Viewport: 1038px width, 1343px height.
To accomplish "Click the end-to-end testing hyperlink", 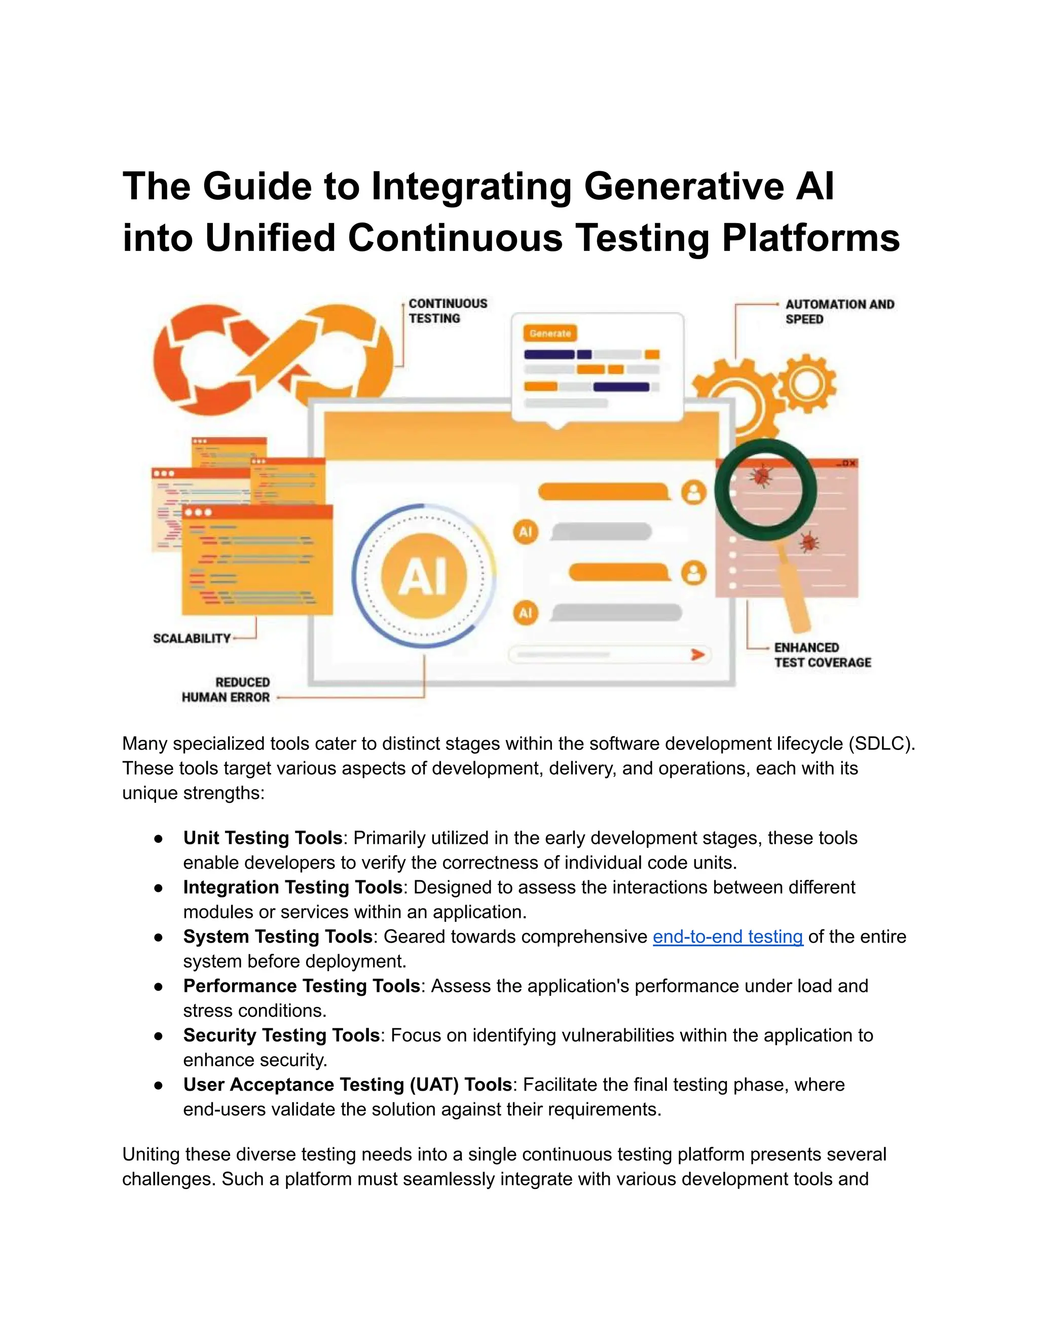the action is coord(727,937).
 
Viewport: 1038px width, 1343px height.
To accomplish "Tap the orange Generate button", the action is coord(550,333).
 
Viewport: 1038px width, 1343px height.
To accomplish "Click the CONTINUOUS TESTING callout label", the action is coord(448,311).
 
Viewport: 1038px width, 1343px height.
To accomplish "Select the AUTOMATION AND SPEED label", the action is coord(839,312).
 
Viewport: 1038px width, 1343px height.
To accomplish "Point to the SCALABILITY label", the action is coord(191,638).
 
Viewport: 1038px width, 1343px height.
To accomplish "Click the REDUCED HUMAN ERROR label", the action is coord(226,690).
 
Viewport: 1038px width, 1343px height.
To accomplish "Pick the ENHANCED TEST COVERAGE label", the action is coord(822,655).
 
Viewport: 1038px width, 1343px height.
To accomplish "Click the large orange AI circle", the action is coord(424,576).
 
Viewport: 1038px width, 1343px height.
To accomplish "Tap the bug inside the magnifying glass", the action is coord(761,475).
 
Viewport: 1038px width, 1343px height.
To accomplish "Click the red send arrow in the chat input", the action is coord(697,654).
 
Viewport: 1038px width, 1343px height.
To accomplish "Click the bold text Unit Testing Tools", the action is coord(263,838).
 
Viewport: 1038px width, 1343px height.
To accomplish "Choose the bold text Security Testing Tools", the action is coord(281,1035).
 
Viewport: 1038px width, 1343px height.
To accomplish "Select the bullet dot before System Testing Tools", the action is coord(159,937).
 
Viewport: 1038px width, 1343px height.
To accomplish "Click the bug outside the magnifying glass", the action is coord(808,542).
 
